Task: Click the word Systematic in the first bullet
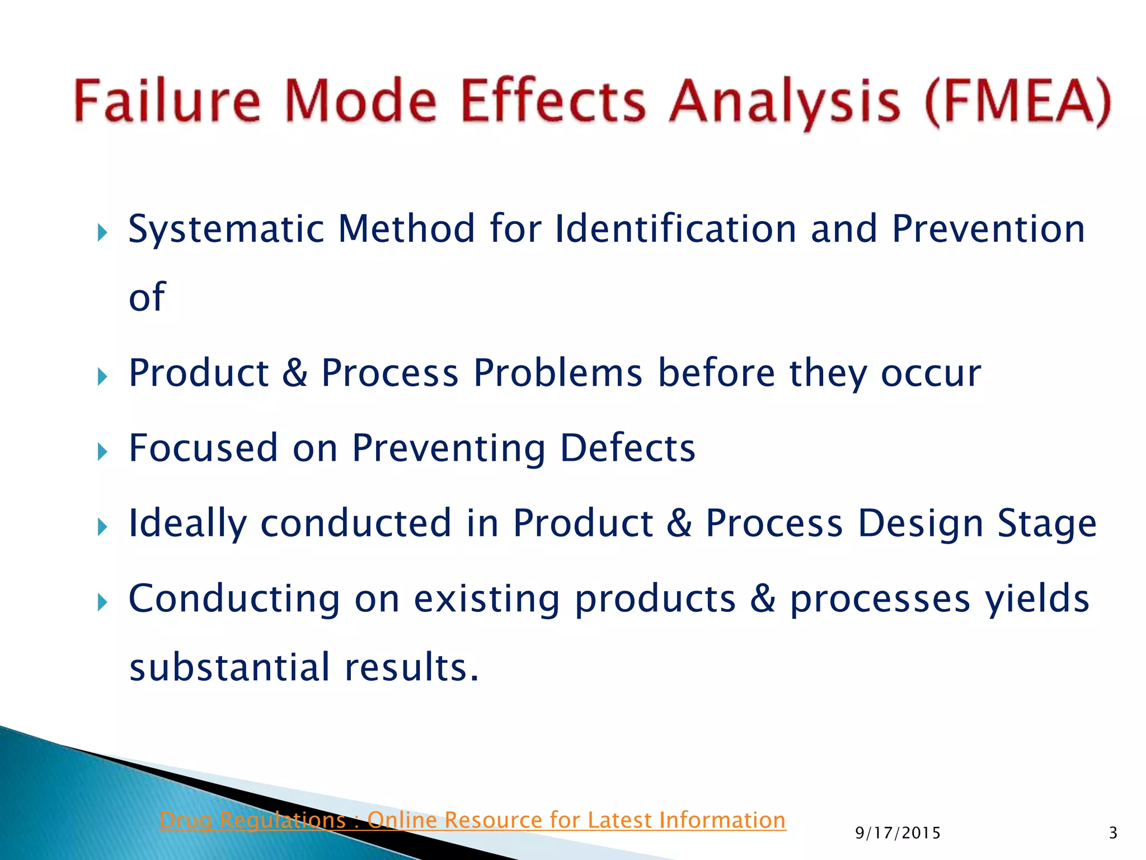point(226,230)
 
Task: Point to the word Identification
point(675,229)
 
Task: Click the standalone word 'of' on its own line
point(147,297)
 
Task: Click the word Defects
point(627,448)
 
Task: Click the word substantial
point(230,667)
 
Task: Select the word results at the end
point(411,667)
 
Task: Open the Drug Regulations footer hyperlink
point(472,820)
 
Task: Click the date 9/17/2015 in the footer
point(898,833)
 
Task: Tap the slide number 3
point(1113,833)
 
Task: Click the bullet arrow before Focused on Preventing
point(102,451)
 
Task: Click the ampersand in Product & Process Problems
point(295,373)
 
